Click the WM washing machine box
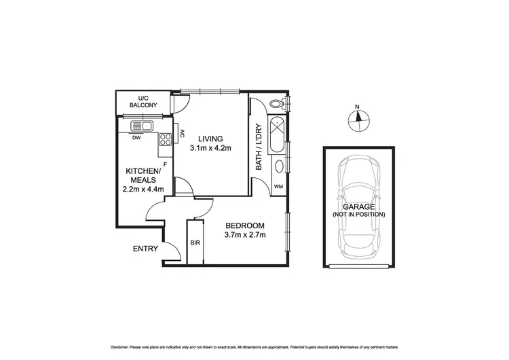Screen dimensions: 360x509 278,187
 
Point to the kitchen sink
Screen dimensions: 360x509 143,125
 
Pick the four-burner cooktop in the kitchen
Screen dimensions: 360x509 165,140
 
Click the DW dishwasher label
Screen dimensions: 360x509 136,137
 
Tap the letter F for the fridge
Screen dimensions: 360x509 165,163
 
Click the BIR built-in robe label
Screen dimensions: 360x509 195,242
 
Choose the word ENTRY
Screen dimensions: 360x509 145,249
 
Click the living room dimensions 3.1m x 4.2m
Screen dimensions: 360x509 210,147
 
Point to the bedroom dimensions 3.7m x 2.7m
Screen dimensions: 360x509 245,235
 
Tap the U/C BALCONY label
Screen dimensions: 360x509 143,101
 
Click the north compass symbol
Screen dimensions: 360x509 357,120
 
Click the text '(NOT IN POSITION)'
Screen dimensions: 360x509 358,214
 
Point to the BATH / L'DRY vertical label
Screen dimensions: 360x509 258,147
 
